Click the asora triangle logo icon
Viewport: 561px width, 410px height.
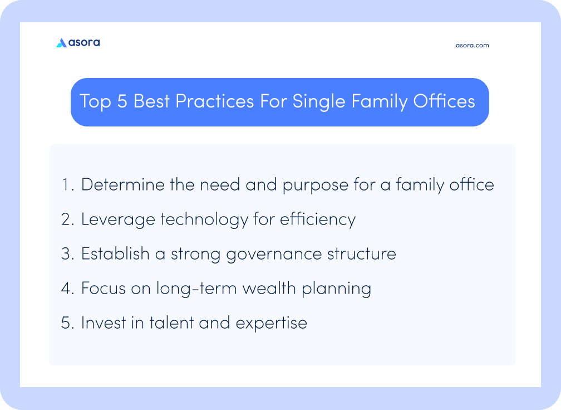62,43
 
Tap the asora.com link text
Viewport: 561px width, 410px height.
473,46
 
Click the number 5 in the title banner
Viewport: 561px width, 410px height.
122,101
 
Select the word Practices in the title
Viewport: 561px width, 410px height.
215,101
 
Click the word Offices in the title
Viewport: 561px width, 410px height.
444,101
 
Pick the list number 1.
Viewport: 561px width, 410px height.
67,185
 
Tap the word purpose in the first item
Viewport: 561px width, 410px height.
315,186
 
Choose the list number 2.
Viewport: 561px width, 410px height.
68,219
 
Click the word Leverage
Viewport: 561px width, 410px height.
118,220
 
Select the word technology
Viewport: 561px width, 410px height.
204,220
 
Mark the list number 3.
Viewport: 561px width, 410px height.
68,254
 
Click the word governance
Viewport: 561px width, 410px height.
274,255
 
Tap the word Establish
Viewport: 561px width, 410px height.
115,253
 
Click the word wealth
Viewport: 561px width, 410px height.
269,288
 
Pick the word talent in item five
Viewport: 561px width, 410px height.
171,323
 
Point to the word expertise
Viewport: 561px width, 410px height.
272,323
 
